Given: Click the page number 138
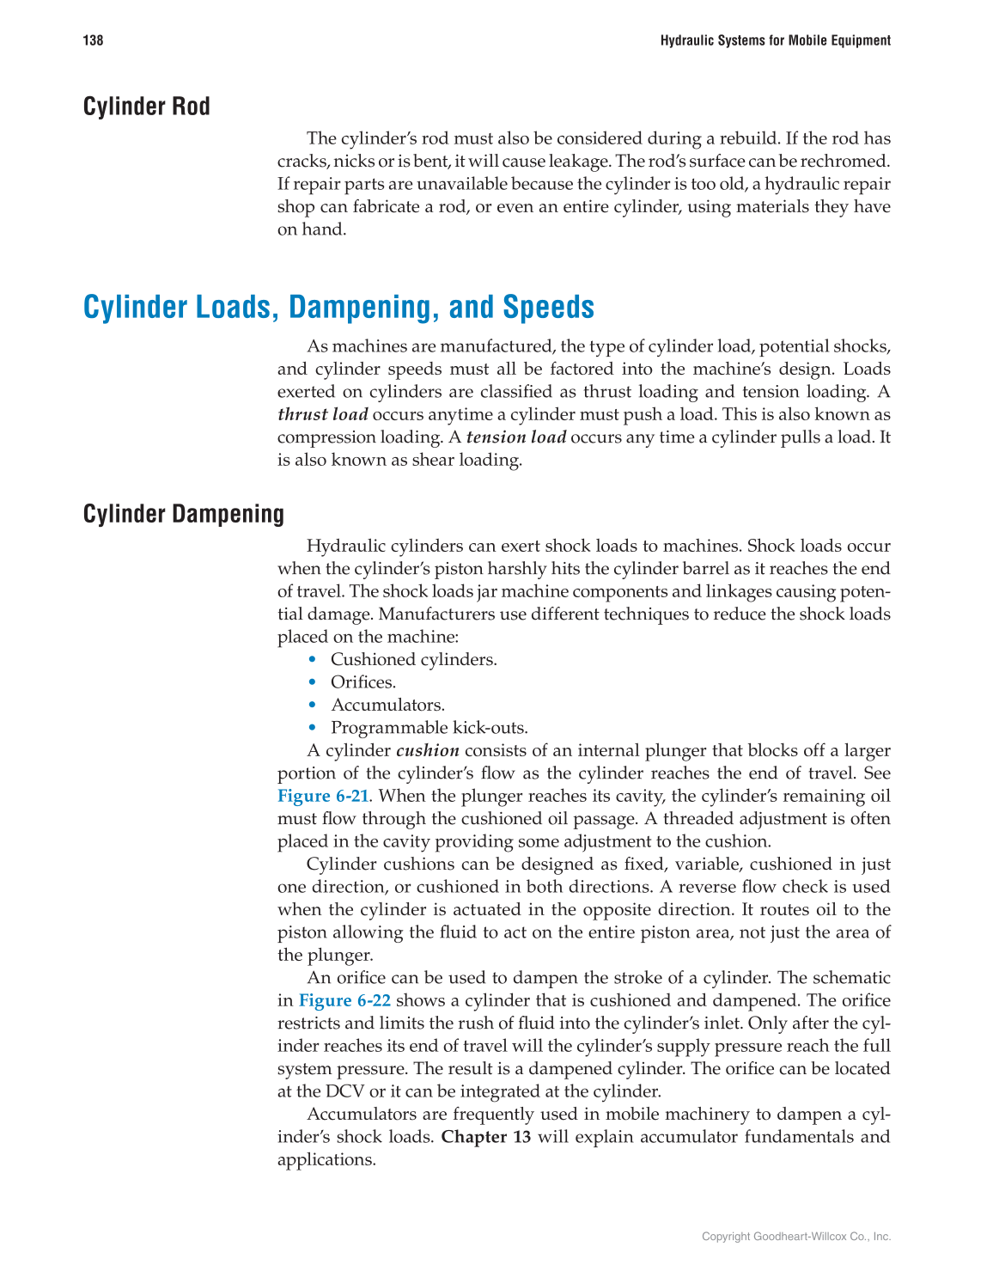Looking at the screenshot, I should coord(93,40).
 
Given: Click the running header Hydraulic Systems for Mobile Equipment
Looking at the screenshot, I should coord(775,40).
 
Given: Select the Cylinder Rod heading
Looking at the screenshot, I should coord(146,107).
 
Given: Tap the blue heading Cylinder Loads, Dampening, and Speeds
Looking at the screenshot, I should coord(338,307).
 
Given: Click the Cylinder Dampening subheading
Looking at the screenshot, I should coord(183,514).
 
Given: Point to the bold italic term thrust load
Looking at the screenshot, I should coord(322,414).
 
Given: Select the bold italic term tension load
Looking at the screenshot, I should coord(515,437).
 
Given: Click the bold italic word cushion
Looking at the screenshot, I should coord(427,750).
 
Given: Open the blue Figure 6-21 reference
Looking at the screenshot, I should coord(322,796).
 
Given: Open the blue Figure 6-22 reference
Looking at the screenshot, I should coord(344,1000).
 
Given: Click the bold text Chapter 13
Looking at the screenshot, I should coord(485,1137).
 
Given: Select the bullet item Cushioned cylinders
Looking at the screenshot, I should coord(413,659).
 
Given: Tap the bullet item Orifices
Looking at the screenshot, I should coord(363,682).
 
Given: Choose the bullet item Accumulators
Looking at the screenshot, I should coord(387,705).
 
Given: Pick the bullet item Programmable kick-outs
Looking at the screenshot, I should coord(429,728).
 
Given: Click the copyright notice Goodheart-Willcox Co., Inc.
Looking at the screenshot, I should coord(796,1237).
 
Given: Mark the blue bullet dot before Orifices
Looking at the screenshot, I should coord(313,682).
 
